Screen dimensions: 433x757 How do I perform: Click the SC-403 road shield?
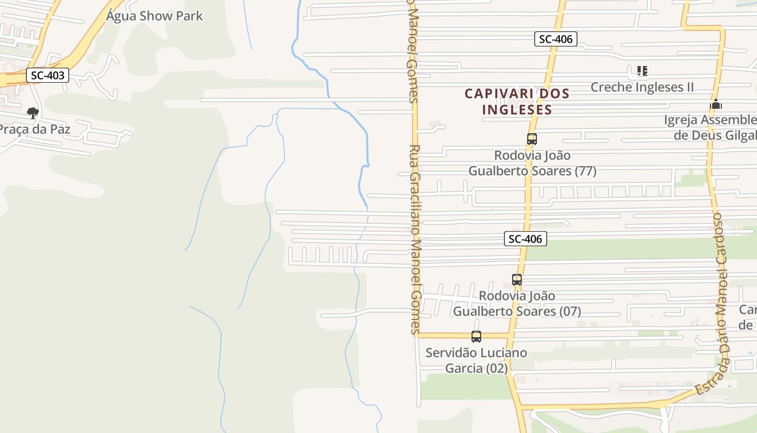[48, 75]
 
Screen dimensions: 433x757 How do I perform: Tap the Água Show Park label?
[154, 16]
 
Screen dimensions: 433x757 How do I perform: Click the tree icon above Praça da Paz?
[33, 113]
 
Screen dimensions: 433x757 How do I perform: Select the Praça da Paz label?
[35, 129]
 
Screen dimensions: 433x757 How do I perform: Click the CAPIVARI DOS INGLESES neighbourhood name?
[517, 101]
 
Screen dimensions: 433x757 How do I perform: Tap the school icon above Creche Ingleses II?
[642, 71]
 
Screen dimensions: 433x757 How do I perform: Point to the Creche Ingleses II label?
[642, 87]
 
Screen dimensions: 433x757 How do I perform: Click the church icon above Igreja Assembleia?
[716, 104]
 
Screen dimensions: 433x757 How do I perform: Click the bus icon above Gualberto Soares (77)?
[532, 139]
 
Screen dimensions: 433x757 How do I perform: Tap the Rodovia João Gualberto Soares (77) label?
[532, 163]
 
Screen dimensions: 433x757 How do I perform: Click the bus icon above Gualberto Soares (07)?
[517, 280]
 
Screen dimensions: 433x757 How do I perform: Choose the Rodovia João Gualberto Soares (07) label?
[517, 304]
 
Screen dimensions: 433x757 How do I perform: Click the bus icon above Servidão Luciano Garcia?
[476, 337]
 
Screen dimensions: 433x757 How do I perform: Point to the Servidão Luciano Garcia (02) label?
[476, 360]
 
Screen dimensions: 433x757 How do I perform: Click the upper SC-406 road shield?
[556, 39]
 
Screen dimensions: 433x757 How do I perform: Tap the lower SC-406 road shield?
[526, 239]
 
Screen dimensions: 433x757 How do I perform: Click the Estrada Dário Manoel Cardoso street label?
[719, 303]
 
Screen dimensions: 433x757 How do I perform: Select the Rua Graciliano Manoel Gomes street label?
[415, 238]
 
